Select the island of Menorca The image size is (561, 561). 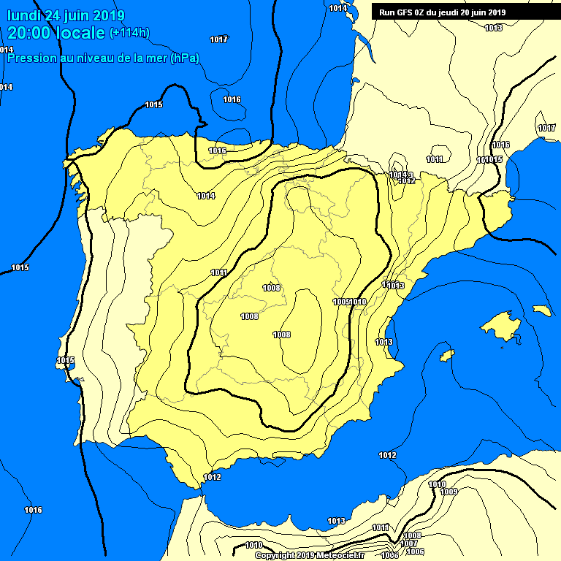541,310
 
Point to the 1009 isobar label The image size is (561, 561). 449,492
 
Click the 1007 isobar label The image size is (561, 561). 409,543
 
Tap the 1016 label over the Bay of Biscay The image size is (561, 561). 232,99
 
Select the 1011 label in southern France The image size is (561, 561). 435,159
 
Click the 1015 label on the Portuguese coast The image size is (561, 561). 66,360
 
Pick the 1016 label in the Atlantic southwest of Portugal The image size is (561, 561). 33,510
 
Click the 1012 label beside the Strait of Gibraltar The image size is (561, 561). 212,477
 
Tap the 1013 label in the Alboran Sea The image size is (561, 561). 336,521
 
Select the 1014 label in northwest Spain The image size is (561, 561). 206,196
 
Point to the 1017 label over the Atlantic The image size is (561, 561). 218,39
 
